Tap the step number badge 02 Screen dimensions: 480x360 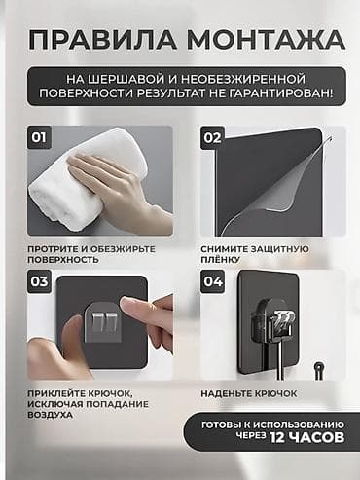point(211,137)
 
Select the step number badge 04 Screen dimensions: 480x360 point(211,283)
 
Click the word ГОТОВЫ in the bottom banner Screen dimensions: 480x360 point(226,425)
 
